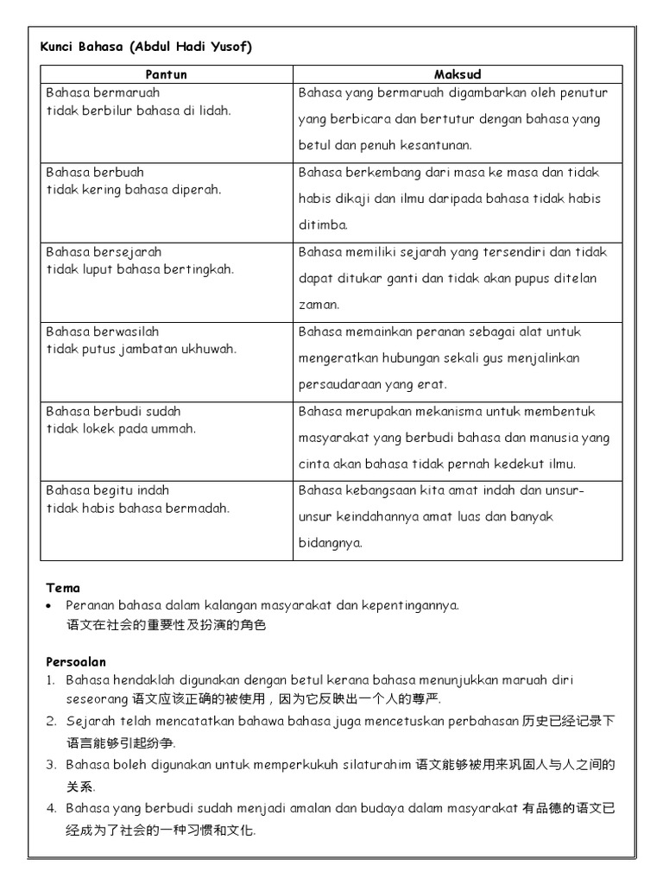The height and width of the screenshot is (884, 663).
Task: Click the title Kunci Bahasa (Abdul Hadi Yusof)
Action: click(x=146, y=47)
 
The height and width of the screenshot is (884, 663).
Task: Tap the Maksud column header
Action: click(x=457, y=75)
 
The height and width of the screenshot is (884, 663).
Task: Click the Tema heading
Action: click(x=62, y=588)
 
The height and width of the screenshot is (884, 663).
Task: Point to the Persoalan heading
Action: click(x=76, y=662)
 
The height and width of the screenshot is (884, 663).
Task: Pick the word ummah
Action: click(x=175, y=428)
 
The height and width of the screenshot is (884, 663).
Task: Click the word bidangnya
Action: click(x=331, y=543)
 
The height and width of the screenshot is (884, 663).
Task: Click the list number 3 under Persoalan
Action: click(x=51, y=765)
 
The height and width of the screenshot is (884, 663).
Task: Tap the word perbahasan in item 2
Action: click(x=482, y=721)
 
